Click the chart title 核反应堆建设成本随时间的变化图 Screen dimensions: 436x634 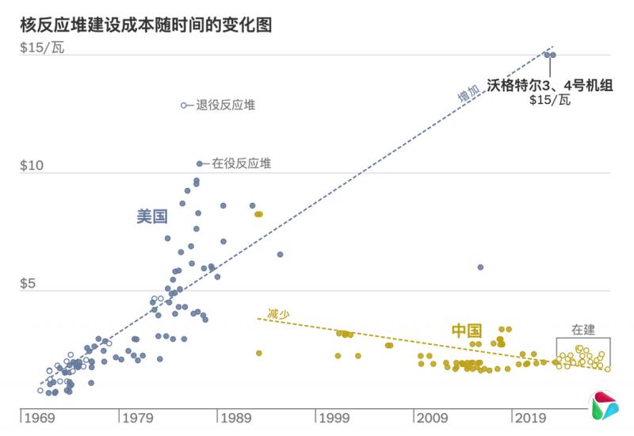pos(146,25)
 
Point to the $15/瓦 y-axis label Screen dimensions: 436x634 pos(43,48)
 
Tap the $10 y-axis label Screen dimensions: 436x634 pos(33,166)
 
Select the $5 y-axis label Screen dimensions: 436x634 pos(30,284)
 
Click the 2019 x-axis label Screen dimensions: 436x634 pos(529,418)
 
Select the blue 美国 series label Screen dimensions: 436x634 pos(151,216)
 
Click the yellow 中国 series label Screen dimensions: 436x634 pos(467,330)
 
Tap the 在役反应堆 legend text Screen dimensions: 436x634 pos(241,164)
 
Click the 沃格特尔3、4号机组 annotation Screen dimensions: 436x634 pos(550,85)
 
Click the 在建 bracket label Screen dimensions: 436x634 pos(583,330)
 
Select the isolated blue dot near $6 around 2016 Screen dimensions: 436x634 pos(480,267)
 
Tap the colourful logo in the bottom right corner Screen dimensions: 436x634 pos(605,405)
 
